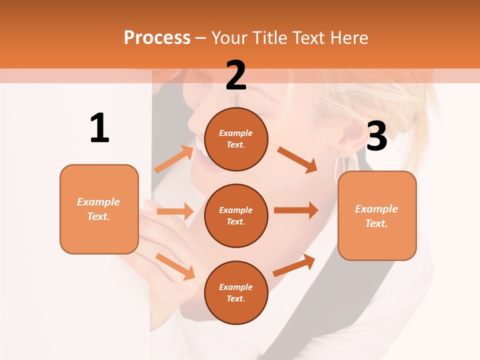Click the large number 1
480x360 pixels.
99,128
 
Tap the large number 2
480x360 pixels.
236,75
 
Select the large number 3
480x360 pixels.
376,136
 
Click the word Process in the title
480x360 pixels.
157,37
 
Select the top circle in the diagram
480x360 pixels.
236,139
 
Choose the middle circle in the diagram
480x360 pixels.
236,216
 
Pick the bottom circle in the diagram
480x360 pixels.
236,293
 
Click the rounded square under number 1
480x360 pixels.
99,209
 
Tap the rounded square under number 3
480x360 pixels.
377,215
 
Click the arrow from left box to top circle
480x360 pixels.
174,158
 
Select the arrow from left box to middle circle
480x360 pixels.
175,211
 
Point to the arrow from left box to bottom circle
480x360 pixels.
175,266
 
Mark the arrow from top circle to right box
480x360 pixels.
297,159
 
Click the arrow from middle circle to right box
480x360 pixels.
296,210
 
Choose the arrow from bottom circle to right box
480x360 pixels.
294,265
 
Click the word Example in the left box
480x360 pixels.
98,202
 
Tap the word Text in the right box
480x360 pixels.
375,223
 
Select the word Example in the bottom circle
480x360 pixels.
235,287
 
